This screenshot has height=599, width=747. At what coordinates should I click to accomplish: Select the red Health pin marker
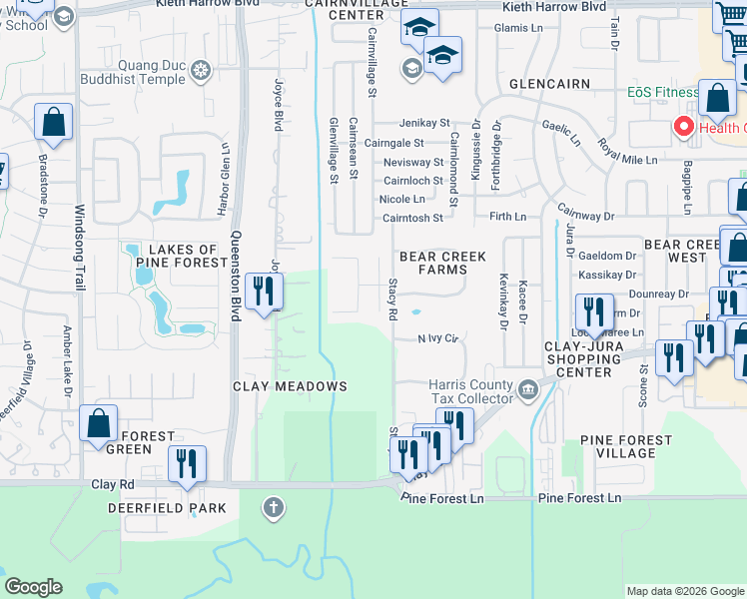[x=684, y=128]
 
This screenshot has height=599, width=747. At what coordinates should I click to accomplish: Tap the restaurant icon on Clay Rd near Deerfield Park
[x=186, y=464]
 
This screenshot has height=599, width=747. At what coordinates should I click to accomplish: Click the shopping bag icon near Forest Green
[x=99, y=423]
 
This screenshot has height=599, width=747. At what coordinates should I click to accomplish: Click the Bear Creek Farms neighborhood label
[x=442, y=263]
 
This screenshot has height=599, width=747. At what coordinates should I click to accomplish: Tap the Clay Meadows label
[x=290, y=386]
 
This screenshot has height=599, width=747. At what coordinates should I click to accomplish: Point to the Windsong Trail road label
[x=80, y=239]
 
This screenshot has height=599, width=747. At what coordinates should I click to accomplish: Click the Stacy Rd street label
[x=391, y=300]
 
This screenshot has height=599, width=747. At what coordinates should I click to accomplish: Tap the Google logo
[x=34, y=587]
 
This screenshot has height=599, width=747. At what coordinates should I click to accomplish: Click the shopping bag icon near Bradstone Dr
[x=53, y=123]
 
